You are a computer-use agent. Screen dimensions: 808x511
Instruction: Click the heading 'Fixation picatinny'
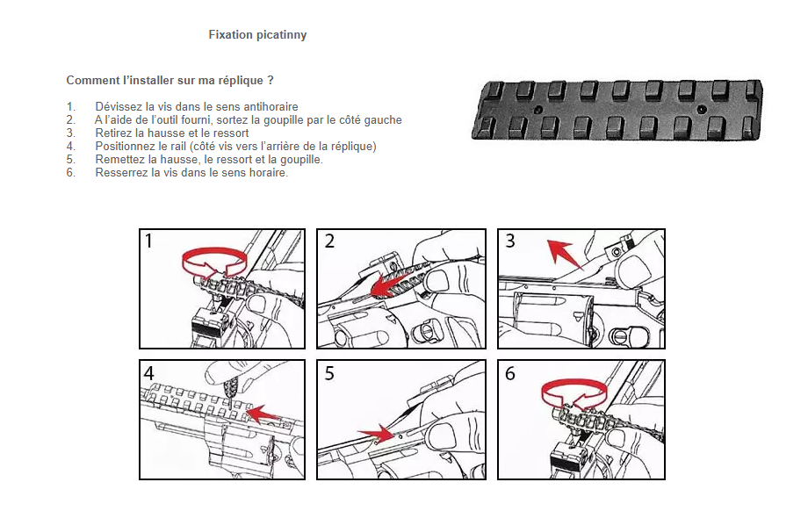[257, 35]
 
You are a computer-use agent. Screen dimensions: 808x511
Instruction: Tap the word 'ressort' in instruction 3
[231, 133]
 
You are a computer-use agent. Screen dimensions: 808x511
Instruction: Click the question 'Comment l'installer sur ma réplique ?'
[170, 81]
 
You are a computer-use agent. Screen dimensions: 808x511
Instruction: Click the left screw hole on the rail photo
[538, 110]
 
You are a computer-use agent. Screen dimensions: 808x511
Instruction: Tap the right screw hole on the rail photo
[701, 109]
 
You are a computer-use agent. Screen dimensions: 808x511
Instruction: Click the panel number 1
[149, 241]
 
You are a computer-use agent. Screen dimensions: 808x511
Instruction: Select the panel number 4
[149, 373]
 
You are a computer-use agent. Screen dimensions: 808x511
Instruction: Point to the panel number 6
[510, 373]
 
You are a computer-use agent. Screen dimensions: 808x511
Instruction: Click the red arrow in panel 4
[263, 414]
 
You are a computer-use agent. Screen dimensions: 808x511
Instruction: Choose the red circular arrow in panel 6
[574, 394]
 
